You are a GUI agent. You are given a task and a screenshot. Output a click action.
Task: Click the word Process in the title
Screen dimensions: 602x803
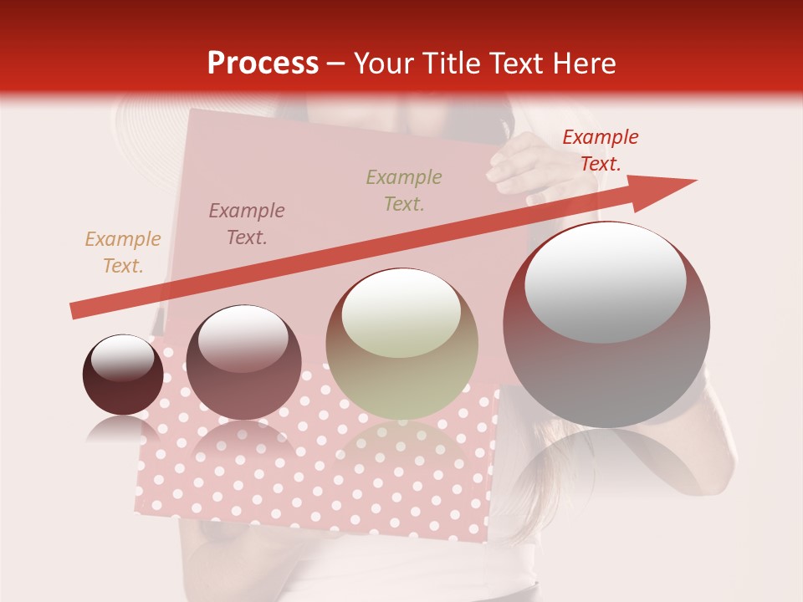tap(263, 63)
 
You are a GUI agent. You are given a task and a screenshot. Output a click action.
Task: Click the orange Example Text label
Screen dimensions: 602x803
tap(123, 253)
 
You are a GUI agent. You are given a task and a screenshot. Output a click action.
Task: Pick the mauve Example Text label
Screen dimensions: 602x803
tap(246, 224)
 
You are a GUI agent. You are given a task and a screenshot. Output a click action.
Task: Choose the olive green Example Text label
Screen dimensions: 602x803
tap(403, 190)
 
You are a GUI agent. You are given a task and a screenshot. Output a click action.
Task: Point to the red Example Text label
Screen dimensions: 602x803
tap(600, 150)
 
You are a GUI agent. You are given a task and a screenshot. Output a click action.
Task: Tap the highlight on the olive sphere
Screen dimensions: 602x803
tap(401, 312)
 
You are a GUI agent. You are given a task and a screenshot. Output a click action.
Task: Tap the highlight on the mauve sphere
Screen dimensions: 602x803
tap(243, 336)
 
